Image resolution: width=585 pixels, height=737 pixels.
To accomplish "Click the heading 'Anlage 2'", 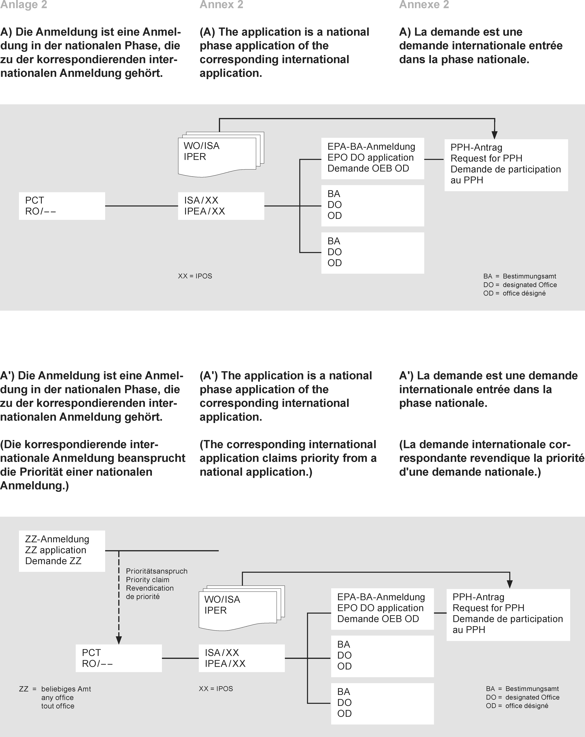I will point(24,5).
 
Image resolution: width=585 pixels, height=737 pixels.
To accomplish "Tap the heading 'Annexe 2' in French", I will point(424,5).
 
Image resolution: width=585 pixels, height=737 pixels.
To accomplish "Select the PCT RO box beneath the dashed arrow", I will point(118,658).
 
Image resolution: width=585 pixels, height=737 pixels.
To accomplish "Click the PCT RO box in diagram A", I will point(62,206).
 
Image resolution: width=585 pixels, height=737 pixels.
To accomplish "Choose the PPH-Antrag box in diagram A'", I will point(508,614).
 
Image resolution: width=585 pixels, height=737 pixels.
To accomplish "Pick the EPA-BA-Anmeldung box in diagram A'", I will point(382,609).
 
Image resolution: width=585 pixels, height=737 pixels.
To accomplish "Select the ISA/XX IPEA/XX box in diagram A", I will point(221,206).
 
